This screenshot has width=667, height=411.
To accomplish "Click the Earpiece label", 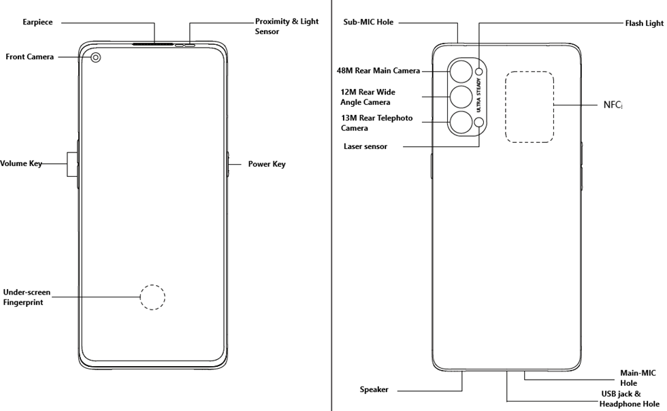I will [37, 22].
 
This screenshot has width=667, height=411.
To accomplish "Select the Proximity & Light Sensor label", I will [287, 27].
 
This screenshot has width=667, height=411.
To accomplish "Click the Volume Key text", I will [21, 164].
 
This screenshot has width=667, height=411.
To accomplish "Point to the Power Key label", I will [267, 164].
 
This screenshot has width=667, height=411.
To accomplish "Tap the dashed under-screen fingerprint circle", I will [152, 297].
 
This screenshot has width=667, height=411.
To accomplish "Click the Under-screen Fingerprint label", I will [27, 297].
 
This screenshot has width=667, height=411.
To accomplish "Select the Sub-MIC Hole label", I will [368, 22].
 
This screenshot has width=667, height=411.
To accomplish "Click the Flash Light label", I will [644, 23].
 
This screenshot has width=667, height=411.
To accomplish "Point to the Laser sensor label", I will [365, 146].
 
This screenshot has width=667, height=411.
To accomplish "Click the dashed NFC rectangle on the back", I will [530, 107].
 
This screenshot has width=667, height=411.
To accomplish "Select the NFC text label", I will [613, 105].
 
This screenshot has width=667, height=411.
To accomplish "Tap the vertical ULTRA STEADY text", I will [478, 96].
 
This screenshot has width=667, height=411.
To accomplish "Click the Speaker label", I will [374, 390].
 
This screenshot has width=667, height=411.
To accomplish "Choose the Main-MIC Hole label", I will [638, 378].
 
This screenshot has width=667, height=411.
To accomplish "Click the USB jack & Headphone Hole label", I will [629, 399].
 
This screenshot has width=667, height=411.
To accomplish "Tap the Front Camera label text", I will [29, 57].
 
